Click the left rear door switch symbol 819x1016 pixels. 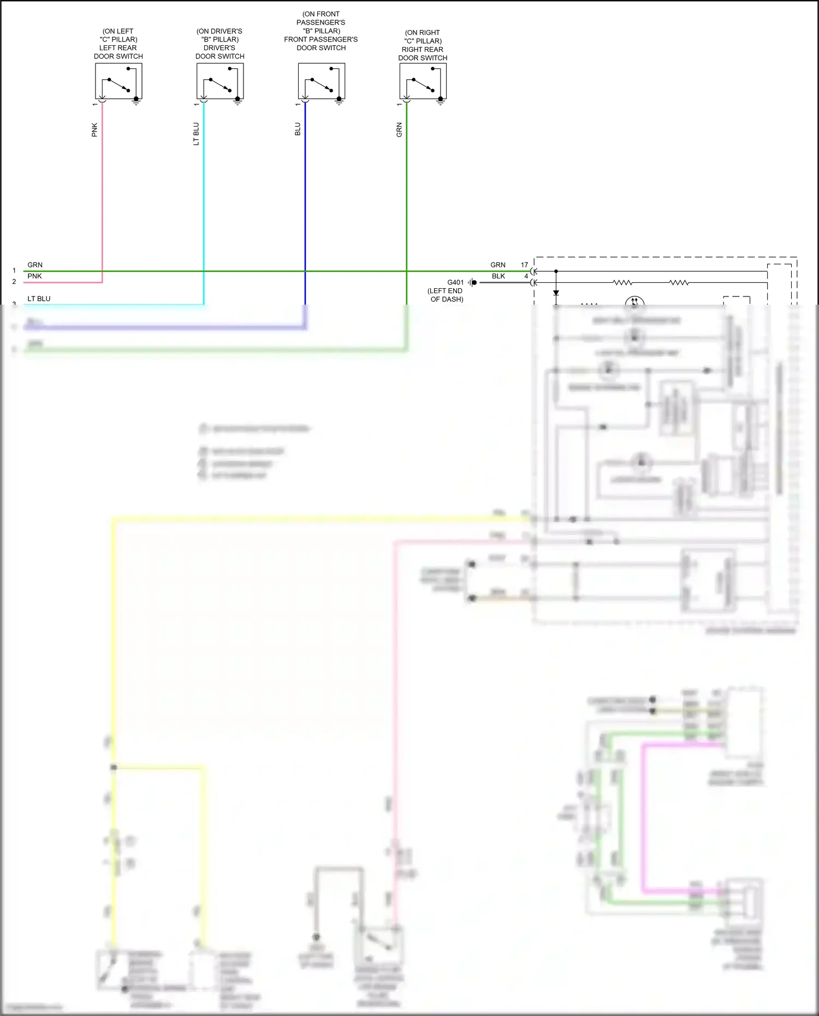coord(118,81)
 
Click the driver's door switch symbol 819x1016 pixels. coord(220,81)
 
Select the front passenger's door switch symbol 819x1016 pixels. coord(322,81)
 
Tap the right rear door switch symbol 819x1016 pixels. coord(423,82)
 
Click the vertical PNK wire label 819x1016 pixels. coord(94,130)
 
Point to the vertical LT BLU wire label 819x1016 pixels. coord(196,134)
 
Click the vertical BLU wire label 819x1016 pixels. coord(298,129)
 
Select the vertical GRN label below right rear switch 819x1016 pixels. coord(399,130)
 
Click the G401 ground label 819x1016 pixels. coord(455,282)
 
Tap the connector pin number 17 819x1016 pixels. coord(524,265)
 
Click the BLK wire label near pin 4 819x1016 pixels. coord(498,276)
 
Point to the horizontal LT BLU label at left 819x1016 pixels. coord(39,299)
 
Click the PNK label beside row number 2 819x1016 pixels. coord(34,276)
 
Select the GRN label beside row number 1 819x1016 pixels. coord(34,265)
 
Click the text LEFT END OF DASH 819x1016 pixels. coord(446,295)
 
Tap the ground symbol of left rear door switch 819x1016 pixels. coord(136,101)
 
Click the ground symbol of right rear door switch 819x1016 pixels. coord(441,101)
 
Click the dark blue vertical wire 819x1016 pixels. coord(305,207)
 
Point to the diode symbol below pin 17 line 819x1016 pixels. coord(556,293)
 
